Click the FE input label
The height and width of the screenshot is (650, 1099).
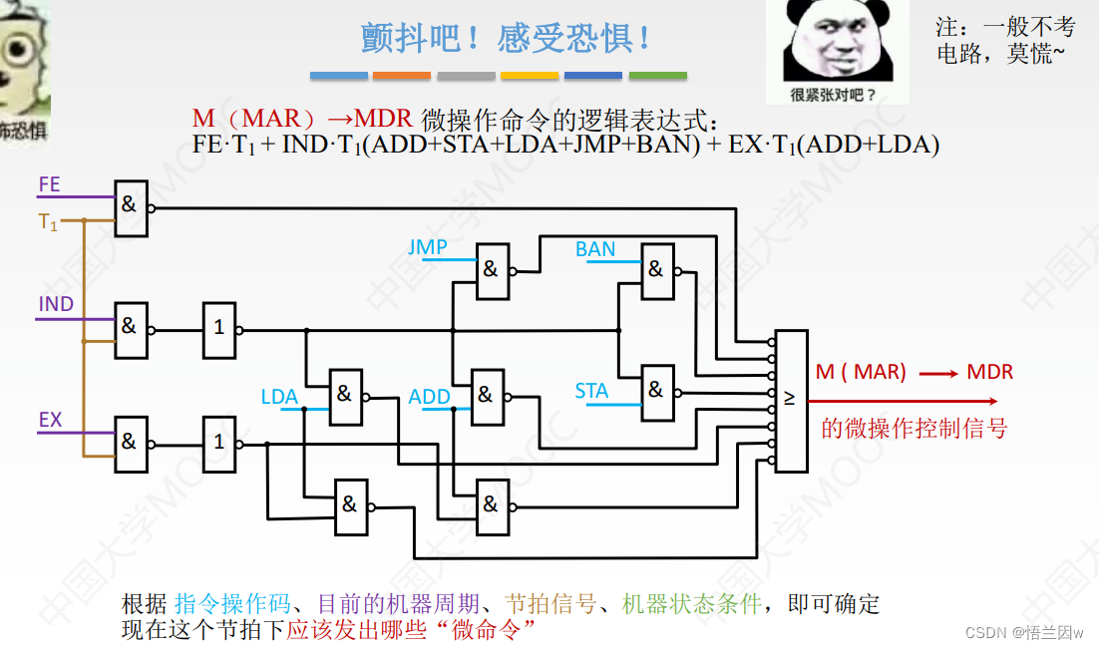click(49, 184)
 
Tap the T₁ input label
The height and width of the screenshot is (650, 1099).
click(48, 222)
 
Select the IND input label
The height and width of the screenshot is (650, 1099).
click(56, 304)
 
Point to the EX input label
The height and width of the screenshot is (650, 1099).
click(50, 420)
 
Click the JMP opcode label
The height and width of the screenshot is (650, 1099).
click(427, 247)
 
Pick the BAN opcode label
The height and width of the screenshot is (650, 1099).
click(595, 249)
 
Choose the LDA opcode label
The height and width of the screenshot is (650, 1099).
click(279, 397)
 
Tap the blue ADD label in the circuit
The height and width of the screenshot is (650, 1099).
click(430, 397)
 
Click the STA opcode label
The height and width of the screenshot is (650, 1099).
click(591, 391)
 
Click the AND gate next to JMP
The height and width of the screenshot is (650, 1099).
click(492, 270)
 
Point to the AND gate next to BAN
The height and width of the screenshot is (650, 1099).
click(656, 270)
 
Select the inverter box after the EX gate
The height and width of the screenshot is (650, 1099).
click(218, 442)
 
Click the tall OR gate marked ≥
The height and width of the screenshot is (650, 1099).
click(791, 400)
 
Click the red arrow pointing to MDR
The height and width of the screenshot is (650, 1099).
click(937, 374)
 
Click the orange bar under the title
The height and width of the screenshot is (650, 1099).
click(402, 76)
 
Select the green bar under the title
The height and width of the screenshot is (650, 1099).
click(657, 76)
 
